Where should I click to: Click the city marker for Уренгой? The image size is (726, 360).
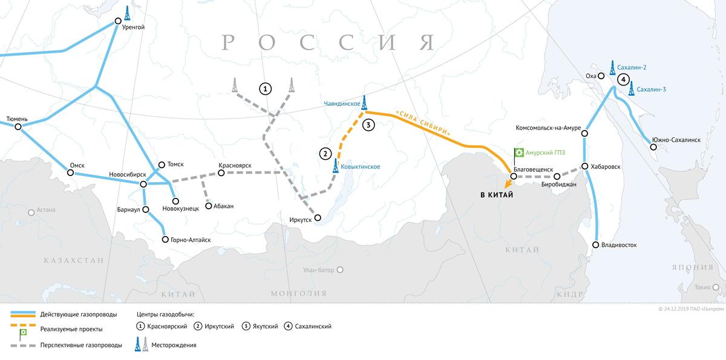[x=119, y=22]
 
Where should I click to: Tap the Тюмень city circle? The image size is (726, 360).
[x=18, y=127]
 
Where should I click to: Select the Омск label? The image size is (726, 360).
[x=77, y=165]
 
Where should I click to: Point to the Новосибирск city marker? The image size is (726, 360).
[x=143, y=184]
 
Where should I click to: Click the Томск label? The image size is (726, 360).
[x=175, y=164]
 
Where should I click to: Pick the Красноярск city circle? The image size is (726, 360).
[x=221, y=173]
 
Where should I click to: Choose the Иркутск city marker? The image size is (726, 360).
[x=317, y=217]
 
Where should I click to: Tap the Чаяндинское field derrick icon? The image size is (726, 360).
[x=364, y=102]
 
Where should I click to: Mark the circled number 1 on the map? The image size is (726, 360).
[x=264, y=89]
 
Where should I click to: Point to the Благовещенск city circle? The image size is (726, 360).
[x=513, y=177]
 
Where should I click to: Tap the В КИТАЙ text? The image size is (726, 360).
[x=496, y=195]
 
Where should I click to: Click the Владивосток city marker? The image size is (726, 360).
[x=596, y=245]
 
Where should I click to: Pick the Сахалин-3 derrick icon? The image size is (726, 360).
[x=632, y=89]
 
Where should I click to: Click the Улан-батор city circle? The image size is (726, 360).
[x=340, y=270]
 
